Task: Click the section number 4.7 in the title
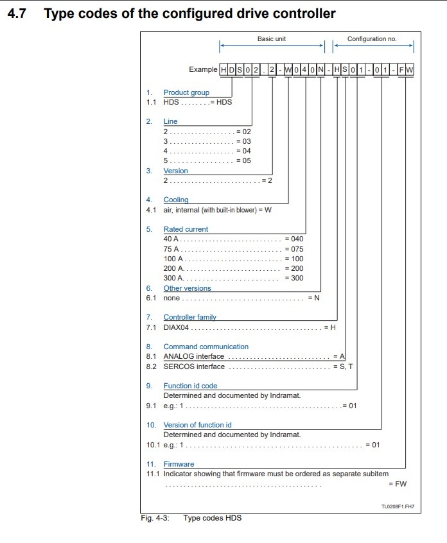16,13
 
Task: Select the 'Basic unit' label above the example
272,39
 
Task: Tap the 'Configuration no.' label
372,39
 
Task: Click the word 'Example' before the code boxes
203,69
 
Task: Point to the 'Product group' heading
186,92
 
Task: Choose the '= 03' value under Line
243,141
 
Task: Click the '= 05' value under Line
243,160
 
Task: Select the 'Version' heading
175,171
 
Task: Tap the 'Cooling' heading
176,200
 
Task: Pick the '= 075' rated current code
294,249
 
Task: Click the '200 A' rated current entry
173,268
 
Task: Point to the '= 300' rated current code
294,278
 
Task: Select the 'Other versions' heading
187,288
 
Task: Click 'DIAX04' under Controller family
177,327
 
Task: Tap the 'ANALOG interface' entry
194,356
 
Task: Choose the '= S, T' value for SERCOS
342,366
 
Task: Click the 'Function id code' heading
190,386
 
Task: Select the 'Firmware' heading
179,464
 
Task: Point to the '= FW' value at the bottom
398,484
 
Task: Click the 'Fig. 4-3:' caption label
155,518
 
